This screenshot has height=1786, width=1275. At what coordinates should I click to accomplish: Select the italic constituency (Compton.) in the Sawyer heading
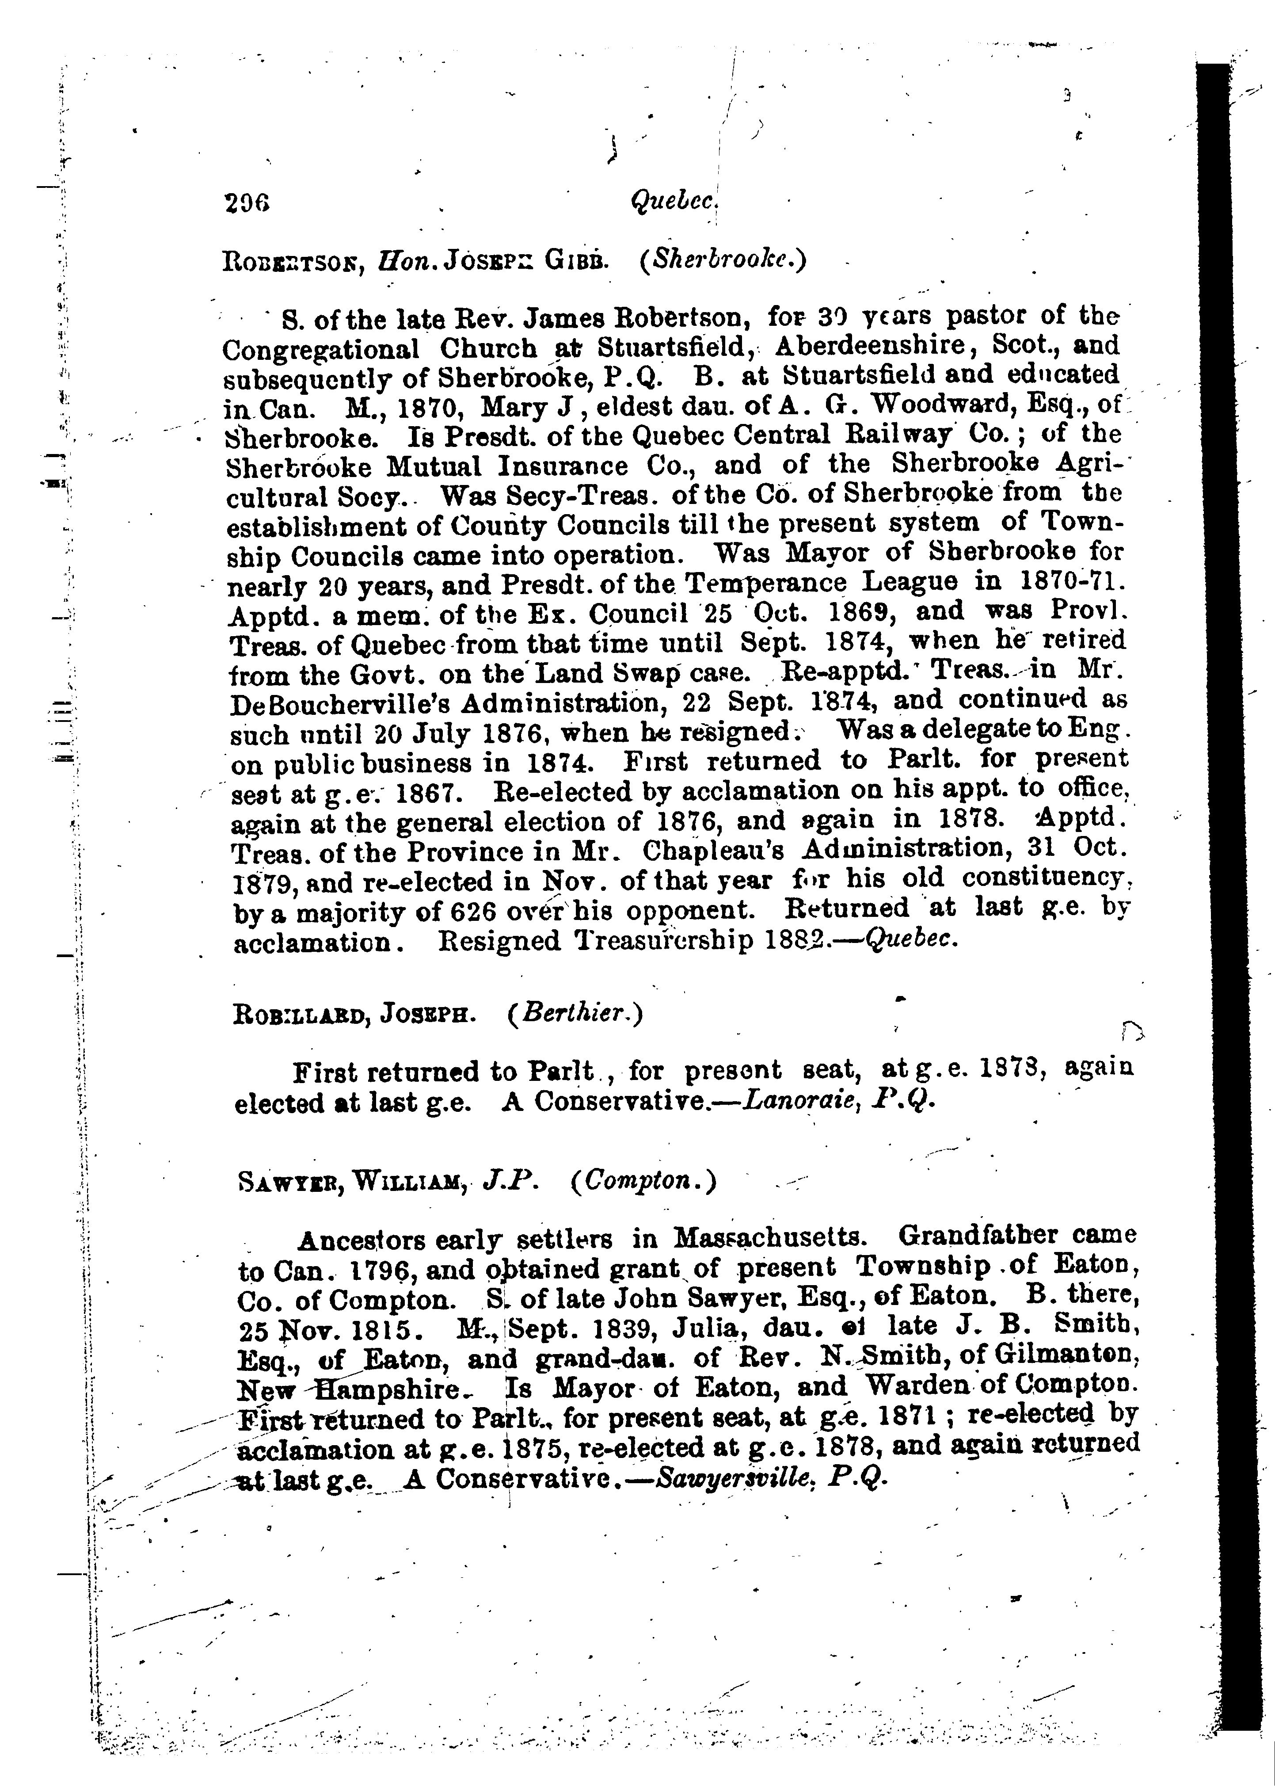pos(644,1180)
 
